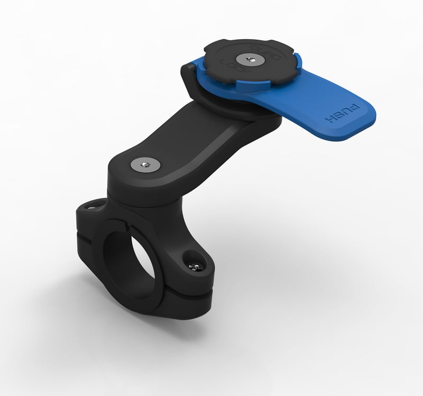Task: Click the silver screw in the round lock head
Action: coord(246,59)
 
